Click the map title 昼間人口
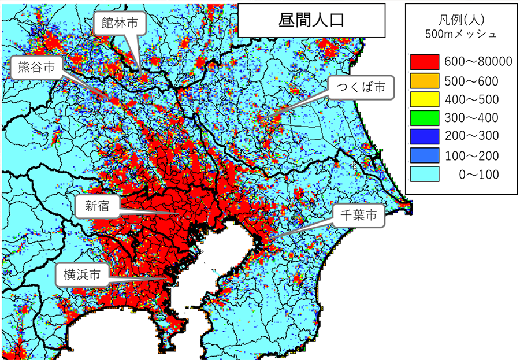point(311,21)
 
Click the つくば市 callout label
point(361,87)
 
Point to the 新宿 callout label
point(96,205)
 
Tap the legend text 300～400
point(472,118)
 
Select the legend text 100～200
point(472,155)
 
